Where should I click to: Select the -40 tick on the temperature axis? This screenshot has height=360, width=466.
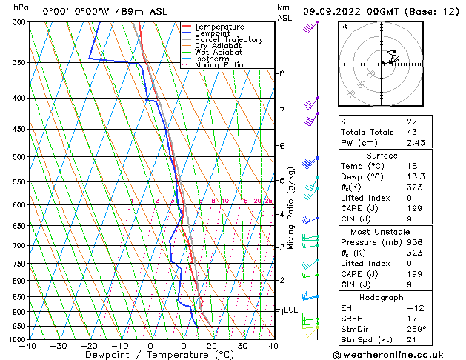28,346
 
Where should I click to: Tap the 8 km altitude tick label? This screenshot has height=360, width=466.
282,73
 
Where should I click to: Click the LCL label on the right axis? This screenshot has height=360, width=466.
290,310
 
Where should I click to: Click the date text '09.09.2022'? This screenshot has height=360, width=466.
331,11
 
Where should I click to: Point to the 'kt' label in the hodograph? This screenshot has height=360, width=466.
344,27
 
